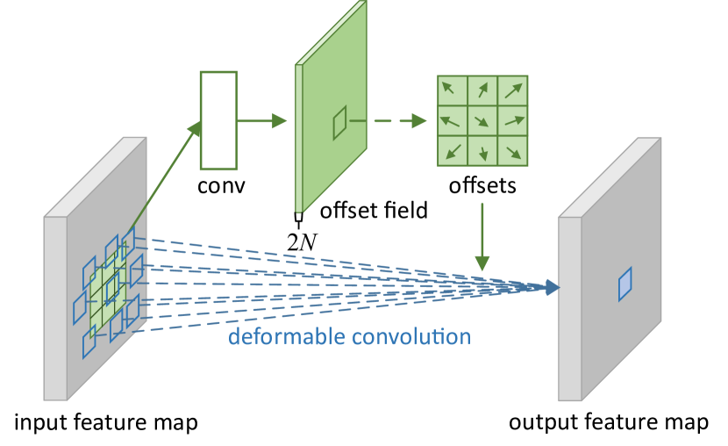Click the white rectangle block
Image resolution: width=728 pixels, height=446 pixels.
(218, 120)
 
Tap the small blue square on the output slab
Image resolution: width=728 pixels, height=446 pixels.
(625, 284)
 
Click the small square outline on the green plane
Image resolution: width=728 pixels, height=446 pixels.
(339, 123)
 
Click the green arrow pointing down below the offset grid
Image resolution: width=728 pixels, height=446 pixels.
(482, 237)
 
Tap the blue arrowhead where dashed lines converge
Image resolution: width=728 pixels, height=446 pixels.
(551, 287)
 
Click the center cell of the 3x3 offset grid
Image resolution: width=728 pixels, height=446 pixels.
(482, 120)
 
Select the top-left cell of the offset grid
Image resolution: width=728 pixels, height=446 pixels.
(453, 90)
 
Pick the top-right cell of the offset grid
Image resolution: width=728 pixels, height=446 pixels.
(512, 90)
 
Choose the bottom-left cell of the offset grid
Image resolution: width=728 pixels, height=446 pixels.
(453, 150)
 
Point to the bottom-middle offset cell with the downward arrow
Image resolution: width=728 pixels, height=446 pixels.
(482, 150)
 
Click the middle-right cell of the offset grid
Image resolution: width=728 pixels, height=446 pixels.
(512, 120)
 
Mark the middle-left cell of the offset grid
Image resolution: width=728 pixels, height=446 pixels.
(453, 120)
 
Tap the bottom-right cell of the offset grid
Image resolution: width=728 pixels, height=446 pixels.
(512, 150)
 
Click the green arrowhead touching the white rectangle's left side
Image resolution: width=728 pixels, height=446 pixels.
(194, 130)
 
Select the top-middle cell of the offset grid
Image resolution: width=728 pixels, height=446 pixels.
(482, 90)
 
